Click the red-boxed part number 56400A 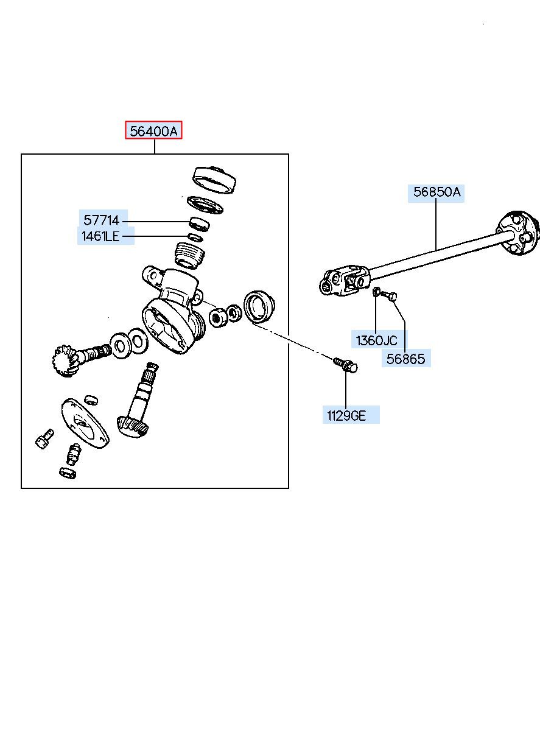coord(154,130)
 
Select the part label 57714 coord(102,220)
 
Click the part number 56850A coord(437,193)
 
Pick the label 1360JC coord(376,340)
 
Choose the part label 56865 coord(406,359)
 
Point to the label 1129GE coord(346,416)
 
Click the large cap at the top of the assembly coord(214,179)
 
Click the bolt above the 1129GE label coord(345,365)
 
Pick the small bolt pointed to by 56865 coord(390,297)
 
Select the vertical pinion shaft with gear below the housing coord(142,405)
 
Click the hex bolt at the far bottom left coord(44,438)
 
